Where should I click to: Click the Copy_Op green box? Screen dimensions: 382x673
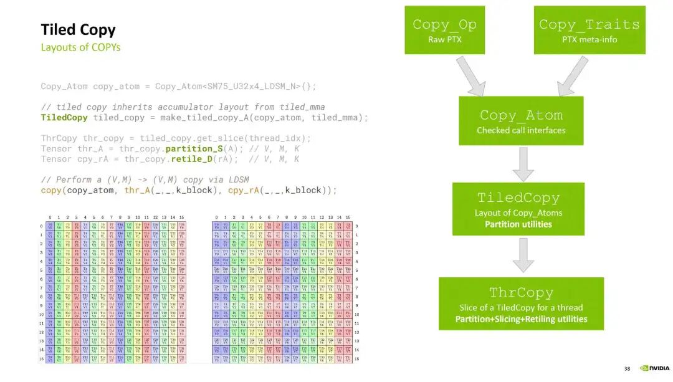click(x=444, y=30)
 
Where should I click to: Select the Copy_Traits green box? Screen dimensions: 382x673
click(x=589, y=30)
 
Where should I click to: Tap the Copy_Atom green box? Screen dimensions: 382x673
click(x=521, y=120)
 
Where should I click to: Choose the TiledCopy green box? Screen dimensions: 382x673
click(x=518, y=209)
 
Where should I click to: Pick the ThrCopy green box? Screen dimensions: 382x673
click(x=521, y=303)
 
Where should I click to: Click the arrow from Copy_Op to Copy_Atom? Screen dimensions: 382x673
click(x=471, y=76)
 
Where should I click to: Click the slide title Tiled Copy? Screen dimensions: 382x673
click(x=78, y=30)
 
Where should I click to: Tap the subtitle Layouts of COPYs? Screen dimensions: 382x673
click(x=80, y=47)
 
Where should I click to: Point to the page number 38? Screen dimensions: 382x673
click(x=628, y=368)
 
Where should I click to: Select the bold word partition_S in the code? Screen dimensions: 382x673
click(x=194, y=148)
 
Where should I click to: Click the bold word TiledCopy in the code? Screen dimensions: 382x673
click(x=64, y=117)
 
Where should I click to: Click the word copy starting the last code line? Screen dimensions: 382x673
click(x=51, y=190)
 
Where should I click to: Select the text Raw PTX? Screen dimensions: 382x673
click(x=444, y=40)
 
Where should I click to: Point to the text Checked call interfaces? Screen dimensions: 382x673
click(x=521, y=130)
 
